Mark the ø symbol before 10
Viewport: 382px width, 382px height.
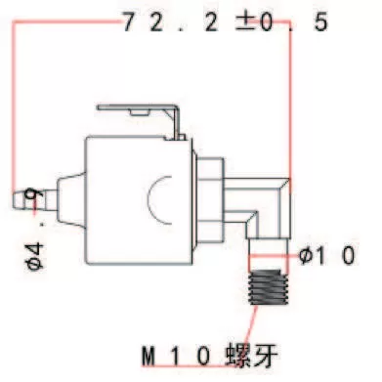(306, 256)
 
